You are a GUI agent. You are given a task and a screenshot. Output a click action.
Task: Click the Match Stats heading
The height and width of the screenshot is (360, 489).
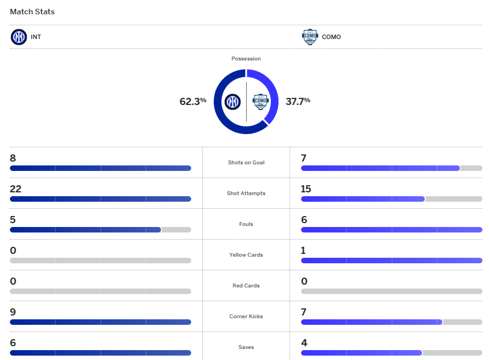tap(32, 12)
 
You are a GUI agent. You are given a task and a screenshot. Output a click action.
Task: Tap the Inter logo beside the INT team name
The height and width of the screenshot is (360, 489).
tap(19, 37)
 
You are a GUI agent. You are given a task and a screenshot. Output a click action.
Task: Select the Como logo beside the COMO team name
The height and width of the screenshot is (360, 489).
tap(310, 37)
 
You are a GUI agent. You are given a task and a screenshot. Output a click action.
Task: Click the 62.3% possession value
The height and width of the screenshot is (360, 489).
tap(193, 101)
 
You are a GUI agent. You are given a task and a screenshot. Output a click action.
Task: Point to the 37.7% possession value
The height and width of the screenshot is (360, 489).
tap(298, 101)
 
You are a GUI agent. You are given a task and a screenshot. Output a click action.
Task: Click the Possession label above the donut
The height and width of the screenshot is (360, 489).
tap(246, 59)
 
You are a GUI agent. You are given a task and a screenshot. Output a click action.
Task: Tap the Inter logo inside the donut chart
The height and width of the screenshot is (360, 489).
tap(232, 102)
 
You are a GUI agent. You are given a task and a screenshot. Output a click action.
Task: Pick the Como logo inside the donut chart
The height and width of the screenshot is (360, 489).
tap(260, 102)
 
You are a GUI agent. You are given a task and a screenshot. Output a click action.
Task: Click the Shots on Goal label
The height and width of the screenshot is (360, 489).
tap(246, 163)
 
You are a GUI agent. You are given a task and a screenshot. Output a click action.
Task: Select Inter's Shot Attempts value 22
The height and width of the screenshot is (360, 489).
tap(15, 189)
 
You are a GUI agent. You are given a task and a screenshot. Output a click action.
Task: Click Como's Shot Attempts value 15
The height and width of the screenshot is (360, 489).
tap(306, 189)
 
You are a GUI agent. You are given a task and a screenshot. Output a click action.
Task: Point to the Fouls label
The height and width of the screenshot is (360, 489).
tap(246, 224)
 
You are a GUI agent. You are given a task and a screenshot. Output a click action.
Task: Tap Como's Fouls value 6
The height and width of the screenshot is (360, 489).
tap(304, 220)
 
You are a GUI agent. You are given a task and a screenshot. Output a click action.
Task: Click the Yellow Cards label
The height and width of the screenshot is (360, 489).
tap(246, 255)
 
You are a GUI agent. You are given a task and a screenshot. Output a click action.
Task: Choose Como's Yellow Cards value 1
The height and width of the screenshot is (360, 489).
tap(304, 251)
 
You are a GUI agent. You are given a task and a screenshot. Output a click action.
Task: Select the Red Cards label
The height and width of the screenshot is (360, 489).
tap(246, 286)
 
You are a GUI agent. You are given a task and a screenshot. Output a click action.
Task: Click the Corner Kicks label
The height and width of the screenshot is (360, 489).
tap(246, 317)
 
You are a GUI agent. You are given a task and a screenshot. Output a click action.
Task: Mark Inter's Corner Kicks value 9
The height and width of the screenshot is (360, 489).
tap(13, 312)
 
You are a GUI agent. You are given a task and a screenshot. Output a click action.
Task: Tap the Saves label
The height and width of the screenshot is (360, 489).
tap(246, 347)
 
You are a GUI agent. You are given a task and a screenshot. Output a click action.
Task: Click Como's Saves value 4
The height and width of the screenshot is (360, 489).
tap(304, 343)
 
